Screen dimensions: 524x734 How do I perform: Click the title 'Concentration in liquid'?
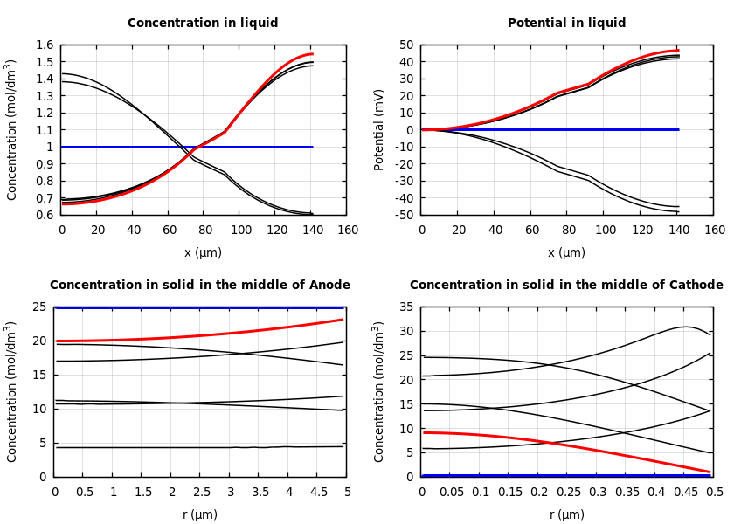pyautogui.click(x=203, y=24)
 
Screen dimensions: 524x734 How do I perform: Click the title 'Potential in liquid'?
pyautogui.click(x=566, y=24)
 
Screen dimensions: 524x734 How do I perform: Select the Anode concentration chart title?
pyautogui.click(x=200, y=286)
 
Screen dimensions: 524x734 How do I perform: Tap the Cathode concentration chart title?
pyautogui.click(x=566, y=286)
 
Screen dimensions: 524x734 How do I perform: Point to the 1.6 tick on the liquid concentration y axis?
pyautogui.click(x=44, y=45)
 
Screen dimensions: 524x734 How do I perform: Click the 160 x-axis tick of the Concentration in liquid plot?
pyautogui.click(x=347, y=231)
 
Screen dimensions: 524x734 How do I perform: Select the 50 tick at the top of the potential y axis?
pyautogui.click(x=406, y=45)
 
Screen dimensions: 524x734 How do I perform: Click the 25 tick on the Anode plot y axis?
pyautogui.click(x=40, y=307)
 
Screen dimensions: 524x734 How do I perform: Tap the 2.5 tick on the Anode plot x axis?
pyautogui.click(x=200, y=493)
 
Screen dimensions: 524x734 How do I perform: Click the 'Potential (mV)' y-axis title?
pyautogui.click(x=379, y=129)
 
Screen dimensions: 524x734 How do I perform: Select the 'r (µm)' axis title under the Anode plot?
pyautogui.click(x=200, y=514)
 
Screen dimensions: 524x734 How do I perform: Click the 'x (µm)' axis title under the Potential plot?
pyautogui.click(x=567, y=252)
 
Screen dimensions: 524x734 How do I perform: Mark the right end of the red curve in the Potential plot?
pyautogui.click(x=678, y=50)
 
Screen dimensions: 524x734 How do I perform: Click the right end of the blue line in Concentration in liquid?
pyautogui.click(x=312, y=147)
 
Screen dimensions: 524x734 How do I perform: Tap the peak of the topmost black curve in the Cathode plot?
pyautogui.click(x=686, y=327)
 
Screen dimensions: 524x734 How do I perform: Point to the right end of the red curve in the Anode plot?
pyautogui.click(x=343, y=320)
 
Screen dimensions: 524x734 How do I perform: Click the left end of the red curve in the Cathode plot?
pyautogui.click(x=423, y=432)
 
